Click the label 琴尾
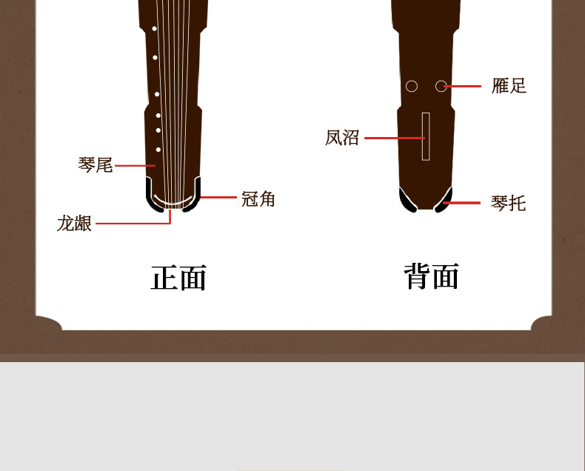click(x=96, y=165)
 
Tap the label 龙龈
click(x=75, y=223)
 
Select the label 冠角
click(x=258, y=198)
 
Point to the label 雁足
click(x=509, y=86)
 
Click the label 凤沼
click(x=342, y=138)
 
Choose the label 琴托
click(x=508, y=202)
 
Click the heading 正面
click(x=178, y=278)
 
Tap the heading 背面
click(x=432, y=278)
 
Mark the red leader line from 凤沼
click(x=392, y=138)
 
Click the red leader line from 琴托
click(x=463, y=202)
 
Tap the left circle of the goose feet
click(x=412, y=86)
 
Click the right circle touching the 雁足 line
click(x=441, y=86)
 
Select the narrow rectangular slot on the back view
click(x=426, y=136)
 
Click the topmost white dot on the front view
click(x=154, y=28)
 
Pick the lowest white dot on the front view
click(x=158, y=149)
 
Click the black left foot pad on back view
click(x=407, y=200)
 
